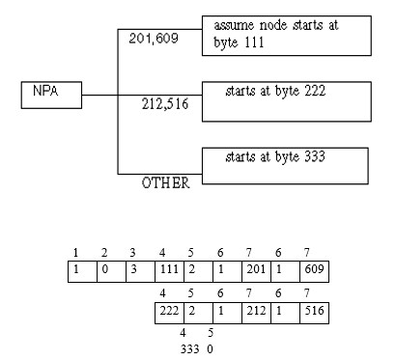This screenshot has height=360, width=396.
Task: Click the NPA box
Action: coord(51,95)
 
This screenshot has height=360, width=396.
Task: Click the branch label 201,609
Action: coord(154,39)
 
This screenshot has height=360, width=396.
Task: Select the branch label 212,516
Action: coord(165,104)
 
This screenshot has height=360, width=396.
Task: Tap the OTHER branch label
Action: coord(165,182)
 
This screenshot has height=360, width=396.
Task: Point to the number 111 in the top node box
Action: coord(254,42)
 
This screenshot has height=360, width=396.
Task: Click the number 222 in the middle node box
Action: coord(315,91)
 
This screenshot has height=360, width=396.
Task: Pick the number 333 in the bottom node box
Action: coord(315,156)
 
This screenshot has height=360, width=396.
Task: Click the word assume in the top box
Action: coord(234,25)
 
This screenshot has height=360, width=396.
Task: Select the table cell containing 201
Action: coord(256,272)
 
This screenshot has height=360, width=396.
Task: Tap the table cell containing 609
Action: coord(314,272)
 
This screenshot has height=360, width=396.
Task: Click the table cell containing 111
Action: coord(169,272)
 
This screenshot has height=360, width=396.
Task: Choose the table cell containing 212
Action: coord(256,313)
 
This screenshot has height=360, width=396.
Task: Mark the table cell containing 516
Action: coord(314,313)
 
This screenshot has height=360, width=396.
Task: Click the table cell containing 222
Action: coord(169,313)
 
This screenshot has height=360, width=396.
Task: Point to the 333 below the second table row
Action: coord(189,349)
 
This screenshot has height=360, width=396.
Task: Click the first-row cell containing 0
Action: coord(111,272)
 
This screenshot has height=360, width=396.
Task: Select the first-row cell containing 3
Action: coord(140,272)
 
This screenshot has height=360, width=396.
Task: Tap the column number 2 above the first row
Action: coord(104,253)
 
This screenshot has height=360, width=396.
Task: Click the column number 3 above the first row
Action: coord(132,253)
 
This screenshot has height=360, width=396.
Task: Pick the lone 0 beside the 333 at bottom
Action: coord(210,349)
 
